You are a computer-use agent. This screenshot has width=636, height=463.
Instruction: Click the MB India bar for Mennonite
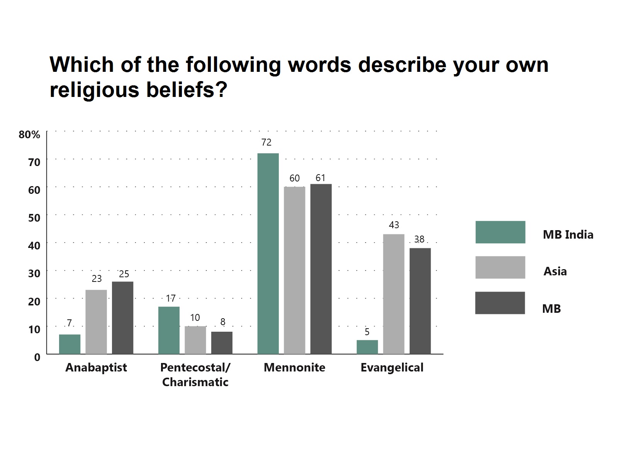[268, 253]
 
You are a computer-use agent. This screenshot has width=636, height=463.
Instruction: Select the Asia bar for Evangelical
[393, 294]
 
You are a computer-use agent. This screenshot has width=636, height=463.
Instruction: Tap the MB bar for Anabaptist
[122, 318]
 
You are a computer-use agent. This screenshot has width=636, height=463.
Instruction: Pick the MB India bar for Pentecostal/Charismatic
[169, 330]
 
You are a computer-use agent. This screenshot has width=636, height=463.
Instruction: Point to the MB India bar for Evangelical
[367, 347]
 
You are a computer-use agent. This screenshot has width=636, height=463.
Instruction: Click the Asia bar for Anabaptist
[96, 322]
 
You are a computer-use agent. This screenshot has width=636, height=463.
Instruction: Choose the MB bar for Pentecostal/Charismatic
[222, 343]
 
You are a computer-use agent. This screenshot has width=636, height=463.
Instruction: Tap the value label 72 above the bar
[266, 142]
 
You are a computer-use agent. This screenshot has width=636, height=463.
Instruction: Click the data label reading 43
[394, 225]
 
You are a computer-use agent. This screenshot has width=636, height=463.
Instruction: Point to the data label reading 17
[171, 298]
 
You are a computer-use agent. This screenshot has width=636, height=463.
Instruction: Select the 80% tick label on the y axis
[29, 134]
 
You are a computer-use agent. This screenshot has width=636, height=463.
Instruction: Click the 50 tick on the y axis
[34, 218]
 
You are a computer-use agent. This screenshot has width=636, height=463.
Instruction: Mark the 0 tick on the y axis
[37, 357]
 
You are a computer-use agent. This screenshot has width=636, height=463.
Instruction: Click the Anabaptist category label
[96, 368]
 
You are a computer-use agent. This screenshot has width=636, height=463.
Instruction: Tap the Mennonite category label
[294, 368]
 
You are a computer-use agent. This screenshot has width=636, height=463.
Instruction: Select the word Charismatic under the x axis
[195, 382]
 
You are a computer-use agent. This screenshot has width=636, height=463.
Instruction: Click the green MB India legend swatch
[500, 232]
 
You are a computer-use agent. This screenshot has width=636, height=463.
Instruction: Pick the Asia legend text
[555, 272]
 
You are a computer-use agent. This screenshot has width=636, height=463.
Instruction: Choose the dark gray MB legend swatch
[500, 303]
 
